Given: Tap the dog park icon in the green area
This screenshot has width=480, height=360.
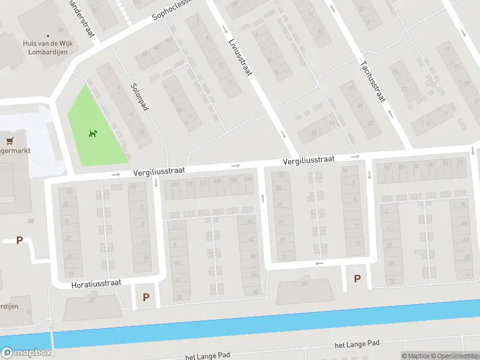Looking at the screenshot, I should pyautogui.click(x=93, y=133).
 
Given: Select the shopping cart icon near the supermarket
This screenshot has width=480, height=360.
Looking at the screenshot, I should pyautogui.click(x=9, y=142).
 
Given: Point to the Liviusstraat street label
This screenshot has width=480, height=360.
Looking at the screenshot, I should pyautogui.click(x=240, y=58).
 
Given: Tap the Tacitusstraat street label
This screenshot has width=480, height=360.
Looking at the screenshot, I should pyautogui.click(x=371, y=82).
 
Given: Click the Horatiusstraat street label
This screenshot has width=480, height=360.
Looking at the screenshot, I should pyautogui.click(x=97, y=282).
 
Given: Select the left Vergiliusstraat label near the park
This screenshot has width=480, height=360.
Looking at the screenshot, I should pyautogui.click(x=159, y=171).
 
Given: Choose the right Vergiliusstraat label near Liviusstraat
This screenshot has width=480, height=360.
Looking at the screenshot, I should pyautogui.click(x=309, y=160).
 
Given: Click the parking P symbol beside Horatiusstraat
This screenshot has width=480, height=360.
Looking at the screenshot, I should pyautogui.click(x=146, y=297).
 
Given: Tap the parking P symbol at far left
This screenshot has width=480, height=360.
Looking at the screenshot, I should pyautogui.click(x=19, y=241).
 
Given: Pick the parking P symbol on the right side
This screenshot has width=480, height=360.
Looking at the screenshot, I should pyautogui.click(x=358, y=278).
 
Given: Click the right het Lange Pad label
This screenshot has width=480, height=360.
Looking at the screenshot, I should pyautogui.click(x=357, y=344).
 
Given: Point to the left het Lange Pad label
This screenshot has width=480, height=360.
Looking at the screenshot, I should pyautogui.click(x=208, y=356).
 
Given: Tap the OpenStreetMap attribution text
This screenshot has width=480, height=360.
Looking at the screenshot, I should pyautogui.click(x=454, y=356).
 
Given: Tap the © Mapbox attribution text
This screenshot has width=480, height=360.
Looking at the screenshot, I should pyautogui.click(x=415, y=356).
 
